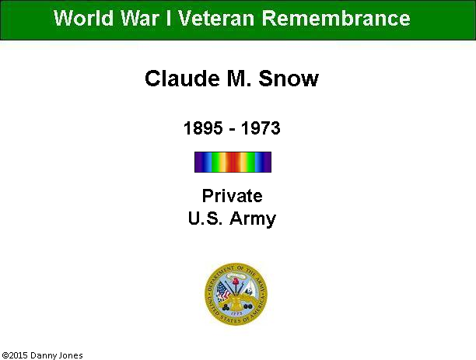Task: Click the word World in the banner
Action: pos(83,18)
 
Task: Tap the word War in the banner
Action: pos(140,18)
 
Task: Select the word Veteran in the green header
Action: pos(216,18)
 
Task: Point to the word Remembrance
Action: pos(336,18)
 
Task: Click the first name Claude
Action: pos(182,79)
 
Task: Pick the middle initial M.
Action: pos(239,79)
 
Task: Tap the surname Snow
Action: pos(289,79)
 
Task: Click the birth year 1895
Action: pos(203,128)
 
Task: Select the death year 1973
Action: pos(261,128)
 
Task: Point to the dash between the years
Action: pos(233,130)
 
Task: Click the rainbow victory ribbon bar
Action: pos(233,162)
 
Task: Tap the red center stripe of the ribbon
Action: pos(233,162)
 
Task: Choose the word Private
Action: pos(233,196)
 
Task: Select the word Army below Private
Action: pos(253,218)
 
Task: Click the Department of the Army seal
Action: pos(236,294)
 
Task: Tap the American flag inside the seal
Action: pos(223,291)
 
